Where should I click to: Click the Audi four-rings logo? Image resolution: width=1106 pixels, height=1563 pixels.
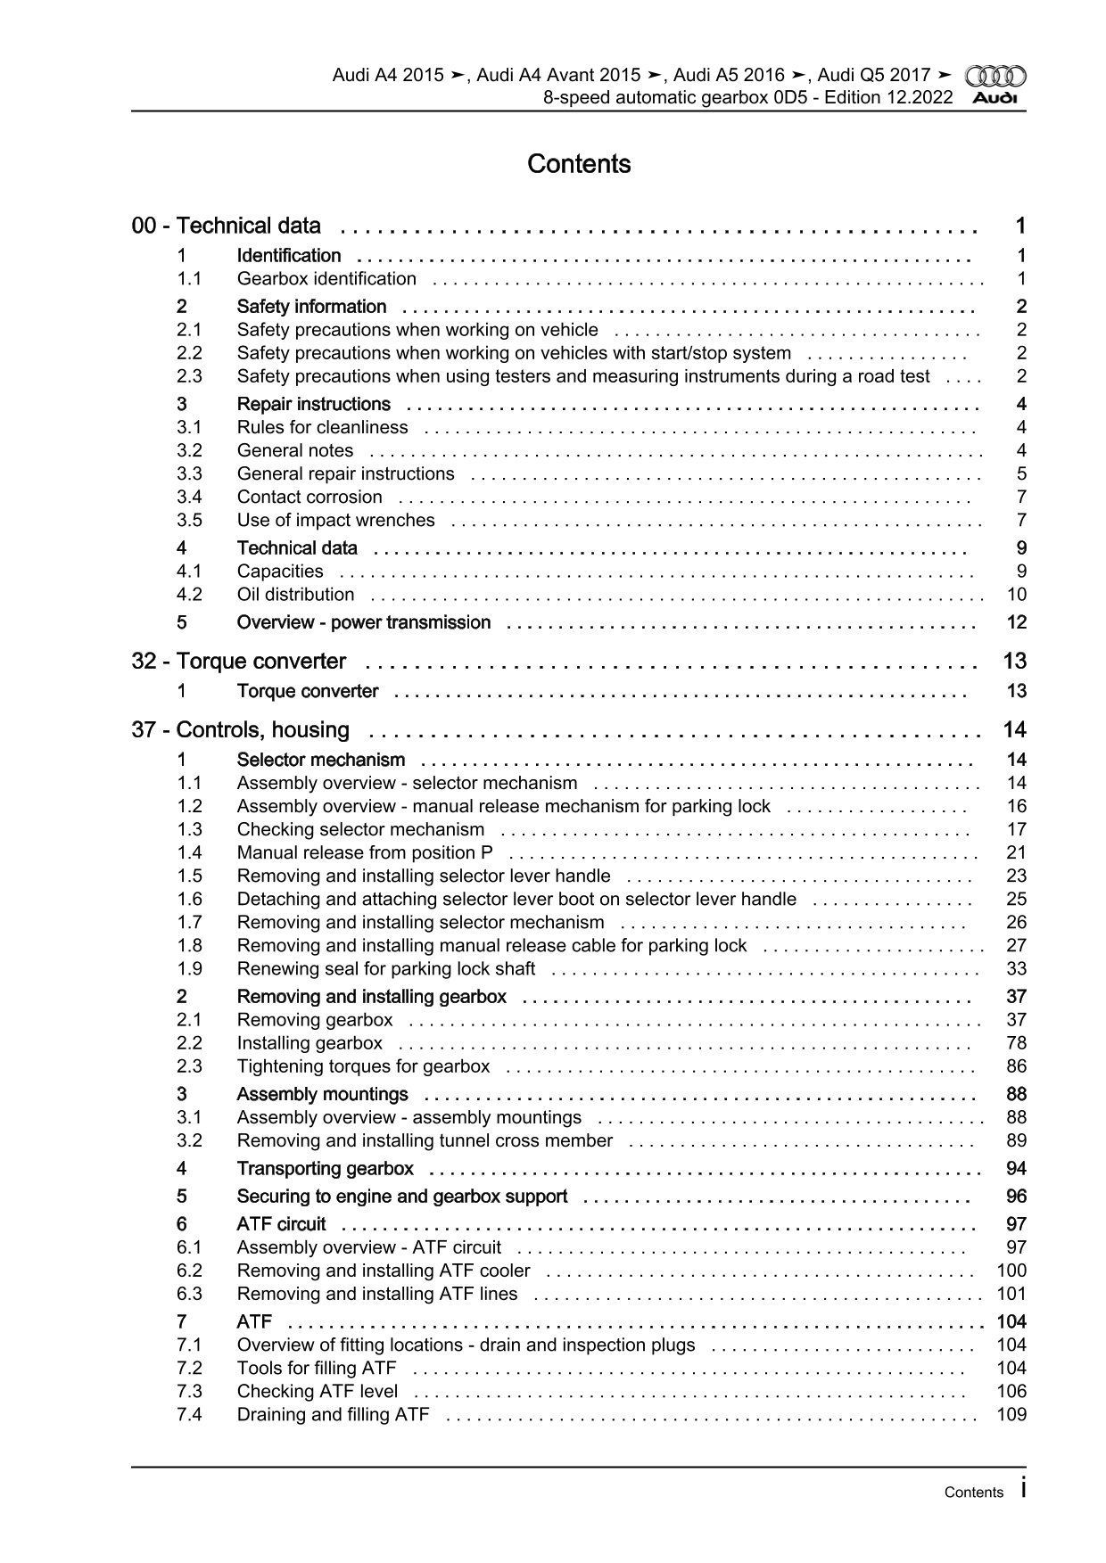995,77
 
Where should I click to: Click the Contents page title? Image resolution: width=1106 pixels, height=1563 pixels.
579,164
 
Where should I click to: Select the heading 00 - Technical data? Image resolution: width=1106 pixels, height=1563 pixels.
227,226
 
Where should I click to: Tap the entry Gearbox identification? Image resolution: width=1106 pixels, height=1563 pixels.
326,279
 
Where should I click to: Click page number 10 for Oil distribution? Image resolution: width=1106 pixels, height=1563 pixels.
1016,595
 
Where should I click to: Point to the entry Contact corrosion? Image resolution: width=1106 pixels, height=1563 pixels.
310,498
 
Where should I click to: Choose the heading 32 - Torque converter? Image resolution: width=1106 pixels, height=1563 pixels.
239,662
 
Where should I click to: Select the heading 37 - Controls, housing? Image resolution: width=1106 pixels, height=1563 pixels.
241,730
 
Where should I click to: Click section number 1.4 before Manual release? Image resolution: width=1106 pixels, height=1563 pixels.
189,853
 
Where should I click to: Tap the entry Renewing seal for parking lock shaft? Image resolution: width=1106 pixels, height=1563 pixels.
386,969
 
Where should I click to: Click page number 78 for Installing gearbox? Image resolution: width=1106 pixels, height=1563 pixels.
1016,1043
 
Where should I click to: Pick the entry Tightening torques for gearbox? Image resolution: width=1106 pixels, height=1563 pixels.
363,1066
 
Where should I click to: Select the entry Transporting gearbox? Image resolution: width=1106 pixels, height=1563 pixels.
326,1169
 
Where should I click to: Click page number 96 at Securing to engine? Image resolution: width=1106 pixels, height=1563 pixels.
1016,1197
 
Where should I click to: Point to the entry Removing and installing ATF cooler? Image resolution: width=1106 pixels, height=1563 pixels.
384,1271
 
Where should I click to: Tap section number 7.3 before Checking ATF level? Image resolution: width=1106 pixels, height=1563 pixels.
189,1392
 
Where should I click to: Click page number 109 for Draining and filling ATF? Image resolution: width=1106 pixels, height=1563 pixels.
1011,1415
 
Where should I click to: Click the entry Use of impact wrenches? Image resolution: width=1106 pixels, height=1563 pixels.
336,521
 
